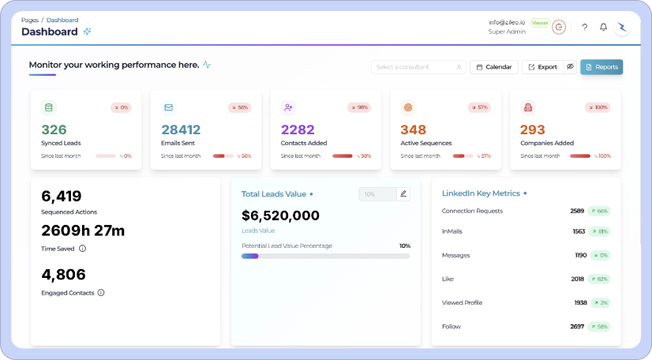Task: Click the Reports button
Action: (601, 67)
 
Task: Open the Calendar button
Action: (494, 67)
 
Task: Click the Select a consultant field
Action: (418, 67)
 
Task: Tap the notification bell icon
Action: (603, 27)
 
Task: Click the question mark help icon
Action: (584, 27)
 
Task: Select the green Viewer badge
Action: (540, 23)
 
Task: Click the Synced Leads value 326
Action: (54, 129)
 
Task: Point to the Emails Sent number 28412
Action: (181, 129)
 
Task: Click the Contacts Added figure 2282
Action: (298, 129)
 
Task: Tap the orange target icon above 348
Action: (408, 107)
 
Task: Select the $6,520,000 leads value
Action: (280, 216)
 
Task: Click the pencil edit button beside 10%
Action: (403, 193)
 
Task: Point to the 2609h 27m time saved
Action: (83, 231)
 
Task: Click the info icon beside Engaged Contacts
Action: (101, 292)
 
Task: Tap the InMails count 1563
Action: (579, 231)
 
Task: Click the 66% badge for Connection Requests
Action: (599, 211)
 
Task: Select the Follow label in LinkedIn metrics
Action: (451, 326)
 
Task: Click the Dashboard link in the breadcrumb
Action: (62, 19)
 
